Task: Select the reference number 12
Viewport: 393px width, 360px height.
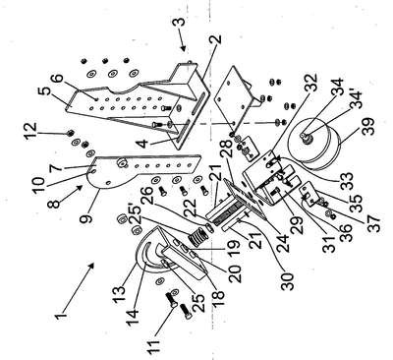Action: (32, 131)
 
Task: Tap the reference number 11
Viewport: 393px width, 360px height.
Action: (153, 345)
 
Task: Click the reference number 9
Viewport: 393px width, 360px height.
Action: (86, 213)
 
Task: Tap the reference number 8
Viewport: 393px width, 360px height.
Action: (54, 203)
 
